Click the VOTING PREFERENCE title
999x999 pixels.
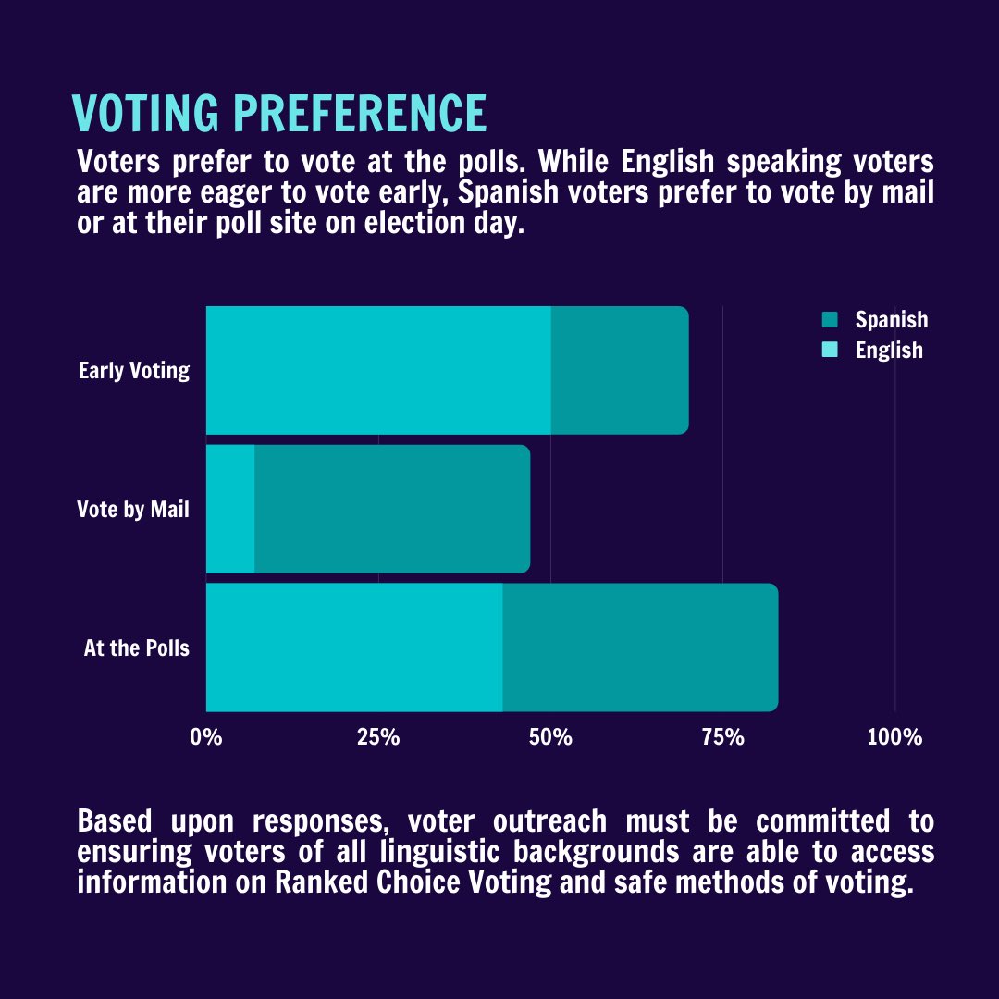point(279,113)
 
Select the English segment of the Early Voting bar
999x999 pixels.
point(377,370)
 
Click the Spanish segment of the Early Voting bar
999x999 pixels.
point(620,370)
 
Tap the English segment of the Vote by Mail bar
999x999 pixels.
point(229,509)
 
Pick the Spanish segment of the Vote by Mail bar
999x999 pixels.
point(391,509)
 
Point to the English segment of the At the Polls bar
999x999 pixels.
point(353,647)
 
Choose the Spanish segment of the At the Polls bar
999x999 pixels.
point(640,647)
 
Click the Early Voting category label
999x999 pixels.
point(134,371)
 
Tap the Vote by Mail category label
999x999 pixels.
point(133,510)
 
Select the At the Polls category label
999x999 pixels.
point(136,648)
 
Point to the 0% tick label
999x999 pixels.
point(206,738)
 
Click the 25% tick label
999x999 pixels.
point(378,738)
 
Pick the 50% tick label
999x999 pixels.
point(550,738)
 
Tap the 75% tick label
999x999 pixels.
point(722,738)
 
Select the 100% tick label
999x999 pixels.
point(894,738)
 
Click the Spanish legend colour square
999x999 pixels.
point(829,320)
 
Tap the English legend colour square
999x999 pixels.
point(829,350)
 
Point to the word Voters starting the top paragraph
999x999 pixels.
point(118,161)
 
